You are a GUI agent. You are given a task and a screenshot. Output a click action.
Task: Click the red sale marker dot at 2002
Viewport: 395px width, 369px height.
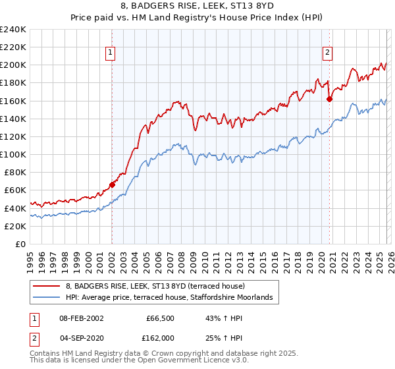(112, 185)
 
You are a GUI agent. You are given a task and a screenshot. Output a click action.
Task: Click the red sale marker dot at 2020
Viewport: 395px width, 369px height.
(330, 99)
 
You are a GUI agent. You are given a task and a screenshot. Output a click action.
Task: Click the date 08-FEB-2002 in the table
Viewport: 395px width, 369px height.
(82, 318)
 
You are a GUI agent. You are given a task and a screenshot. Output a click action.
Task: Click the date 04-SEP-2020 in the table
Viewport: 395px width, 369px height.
(82, 337)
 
